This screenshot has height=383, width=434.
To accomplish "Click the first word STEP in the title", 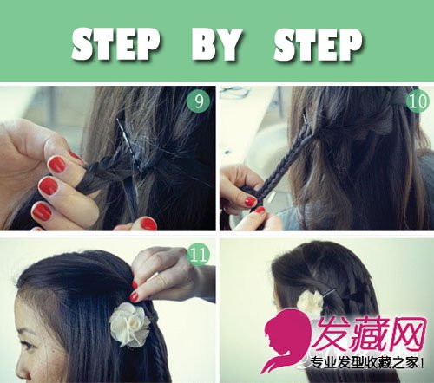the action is [x=115, y=44].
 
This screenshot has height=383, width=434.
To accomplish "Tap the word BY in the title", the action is [x=217, y=44].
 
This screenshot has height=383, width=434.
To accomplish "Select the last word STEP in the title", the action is [x=318, y=45].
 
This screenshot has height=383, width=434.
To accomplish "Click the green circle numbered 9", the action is [x=199, y=101].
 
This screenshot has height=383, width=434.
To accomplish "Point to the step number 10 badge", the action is [x=418, y=101].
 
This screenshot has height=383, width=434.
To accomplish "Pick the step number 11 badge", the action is [x=199, y=255].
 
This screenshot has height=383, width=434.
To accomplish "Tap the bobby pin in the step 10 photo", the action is [x=307, y=122].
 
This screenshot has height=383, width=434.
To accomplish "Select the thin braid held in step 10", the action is [x=284, y=166].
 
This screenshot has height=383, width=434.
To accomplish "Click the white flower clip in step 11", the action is [x=129, y=324].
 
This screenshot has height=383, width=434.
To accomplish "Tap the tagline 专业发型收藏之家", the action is [x=365, y=363].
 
